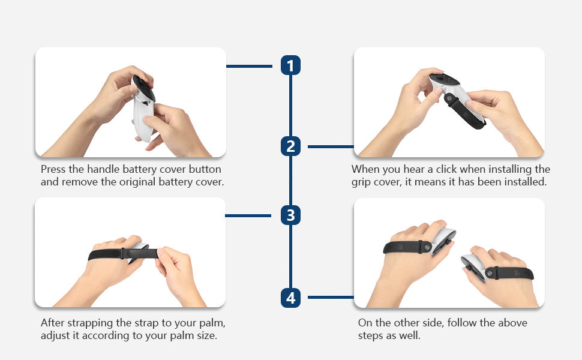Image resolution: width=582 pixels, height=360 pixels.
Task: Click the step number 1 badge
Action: (290, 65)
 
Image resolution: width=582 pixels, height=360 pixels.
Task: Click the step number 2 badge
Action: (290, 146)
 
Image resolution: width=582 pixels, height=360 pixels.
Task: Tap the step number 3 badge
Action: (290, 215)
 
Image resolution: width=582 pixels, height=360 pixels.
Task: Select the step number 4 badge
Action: (290, 297)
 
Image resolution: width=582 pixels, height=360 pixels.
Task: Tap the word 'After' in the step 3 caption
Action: (53, 323)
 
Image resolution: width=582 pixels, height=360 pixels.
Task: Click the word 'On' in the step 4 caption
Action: (365, 323)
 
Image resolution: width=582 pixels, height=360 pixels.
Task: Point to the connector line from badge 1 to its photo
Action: (249, 66)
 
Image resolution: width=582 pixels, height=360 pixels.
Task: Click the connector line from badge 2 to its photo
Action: (331, 146)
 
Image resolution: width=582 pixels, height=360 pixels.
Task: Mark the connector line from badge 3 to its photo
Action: (248, 215)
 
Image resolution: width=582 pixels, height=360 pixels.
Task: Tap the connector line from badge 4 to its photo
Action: (331, 297)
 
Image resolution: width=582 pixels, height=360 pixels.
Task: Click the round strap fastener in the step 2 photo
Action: (449, 98)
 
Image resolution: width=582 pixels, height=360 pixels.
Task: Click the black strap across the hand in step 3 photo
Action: (123, 254)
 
